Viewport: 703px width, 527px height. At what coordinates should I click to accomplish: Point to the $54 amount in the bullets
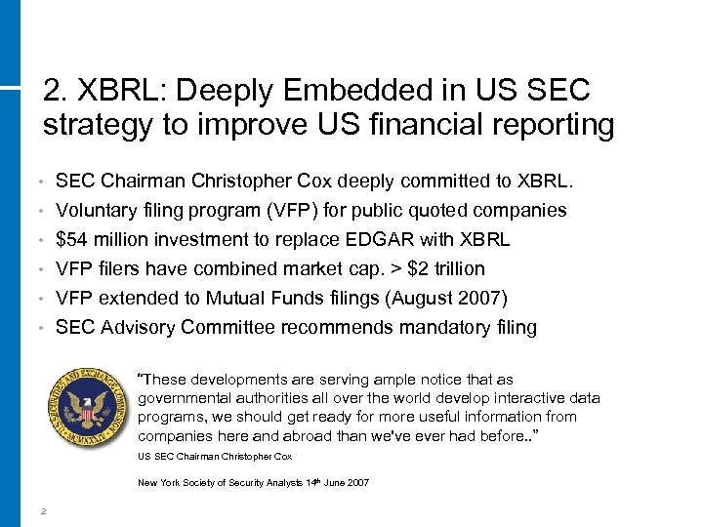coord(70,239)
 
